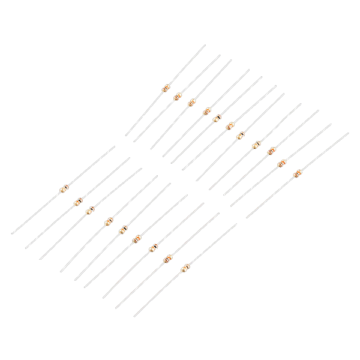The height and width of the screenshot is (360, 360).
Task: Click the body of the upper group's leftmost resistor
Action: tap(165, 89)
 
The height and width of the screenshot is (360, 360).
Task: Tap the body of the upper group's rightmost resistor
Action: tap(296, 174)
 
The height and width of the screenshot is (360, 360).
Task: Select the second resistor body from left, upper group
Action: tap(178, 96)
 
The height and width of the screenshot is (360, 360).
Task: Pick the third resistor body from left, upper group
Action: tap(191, 103)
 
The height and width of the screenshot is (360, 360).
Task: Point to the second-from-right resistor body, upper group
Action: tap(281, 164)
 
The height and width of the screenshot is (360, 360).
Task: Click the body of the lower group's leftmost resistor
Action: tap(64, 190)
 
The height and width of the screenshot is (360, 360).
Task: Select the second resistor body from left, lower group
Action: tap(77, 202)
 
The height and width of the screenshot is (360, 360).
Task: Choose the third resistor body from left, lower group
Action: tap(91, 210)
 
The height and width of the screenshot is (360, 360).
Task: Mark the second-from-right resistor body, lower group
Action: tap(167, 260)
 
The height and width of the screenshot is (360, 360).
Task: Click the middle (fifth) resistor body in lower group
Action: tap(123, 229)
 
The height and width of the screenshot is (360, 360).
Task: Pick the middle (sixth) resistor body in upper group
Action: tap(229, 126)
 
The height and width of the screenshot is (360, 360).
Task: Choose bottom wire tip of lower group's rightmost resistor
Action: tap(134, 317)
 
